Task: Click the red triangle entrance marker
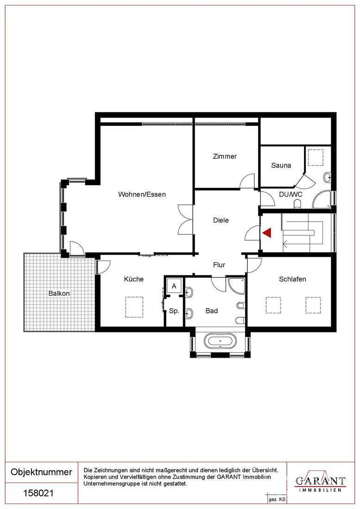[267, 232]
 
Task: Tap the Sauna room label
[281, 165]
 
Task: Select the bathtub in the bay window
[220, 342]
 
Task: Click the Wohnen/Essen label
[142, 194]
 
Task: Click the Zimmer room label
[225, 156]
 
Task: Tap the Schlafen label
[292, 279]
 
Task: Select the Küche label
[134, 279]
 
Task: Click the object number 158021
[38, 494]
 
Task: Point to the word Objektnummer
[41, 472]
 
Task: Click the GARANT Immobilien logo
[320, 482]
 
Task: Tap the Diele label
[221, 220]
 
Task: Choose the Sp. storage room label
[174, 311]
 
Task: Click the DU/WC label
[291, 194]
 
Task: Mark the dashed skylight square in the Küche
[134, 307]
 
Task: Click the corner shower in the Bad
[236, 285]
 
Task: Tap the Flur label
[219, 265]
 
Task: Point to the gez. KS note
[277, 500]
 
